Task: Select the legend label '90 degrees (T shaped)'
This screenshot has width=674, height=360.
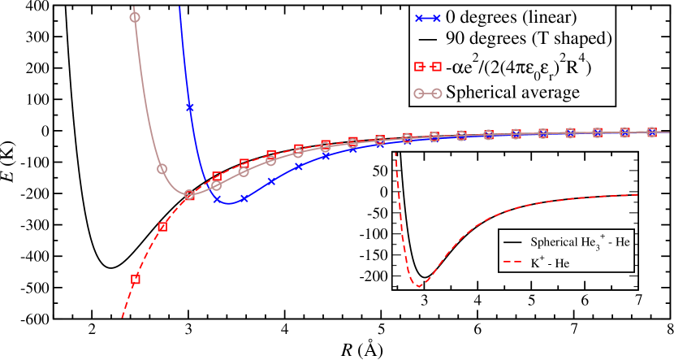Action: coord(528,38)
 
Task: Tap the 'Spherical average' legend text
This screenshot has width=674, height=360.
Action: coord(512,92)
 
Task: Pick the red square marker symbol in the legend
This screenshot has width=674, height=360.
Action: coord(428,67)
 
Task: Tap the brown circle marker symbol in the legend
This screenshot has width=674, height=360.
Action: coord(428,93)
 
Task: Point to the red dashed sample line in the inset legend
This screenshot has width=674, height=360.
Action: coord(512,262)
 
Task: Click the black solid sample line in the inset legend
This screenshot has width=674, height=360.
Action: coord(512,242)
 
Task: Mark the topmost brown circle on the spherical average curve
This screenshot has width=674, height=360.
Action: coord(135,17)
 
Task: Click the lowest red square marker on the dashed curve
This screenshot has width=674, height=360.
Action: coord(136,279)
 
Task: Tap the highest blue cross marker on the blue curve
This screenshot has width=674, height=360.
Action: coord(190,106)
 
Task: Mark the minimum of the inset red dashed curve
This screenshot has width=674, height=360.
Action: coord(418,286)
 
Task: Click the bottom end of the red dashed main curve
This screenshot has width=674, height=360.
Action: coord(122,317)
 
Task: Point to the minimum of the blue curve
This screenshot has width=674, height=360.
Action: coord(230,202)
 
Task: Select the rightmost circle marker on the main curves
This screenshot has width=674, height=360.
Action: coord(652,132)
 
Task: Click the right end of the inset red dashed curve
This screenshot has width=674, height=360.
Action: coord(639,194)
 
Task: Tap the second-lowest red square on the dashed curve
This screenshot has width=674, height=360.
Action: coord(162,227)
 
